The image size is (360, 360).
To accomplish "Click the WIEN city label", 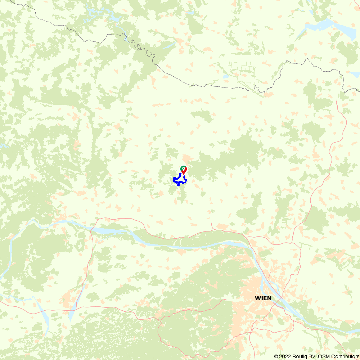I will pyautogui.click(x=263, y=298).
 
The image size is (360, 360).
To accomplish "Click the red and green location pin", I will pyautogui.click(x=184, y=170).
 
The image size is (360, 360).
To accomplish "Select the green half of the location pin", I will pyautogui.click(x=182, y=168).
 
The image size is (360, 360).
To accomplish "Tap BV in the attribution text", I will pyautogui.click(x=312, y=356).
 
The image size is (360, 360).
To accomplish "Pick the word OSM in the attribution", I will pyautogui.click(x=323, y=356).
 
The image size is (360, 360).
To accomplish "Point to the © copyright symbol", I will pyautogui.click(x=276, y=356).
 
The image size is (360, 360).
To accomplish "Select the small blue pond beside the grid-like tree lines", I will pyautogui.click(x=225, y=77).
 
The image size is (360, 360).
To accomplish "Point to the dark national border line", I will pyautogui.click(x=216, y=86).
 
